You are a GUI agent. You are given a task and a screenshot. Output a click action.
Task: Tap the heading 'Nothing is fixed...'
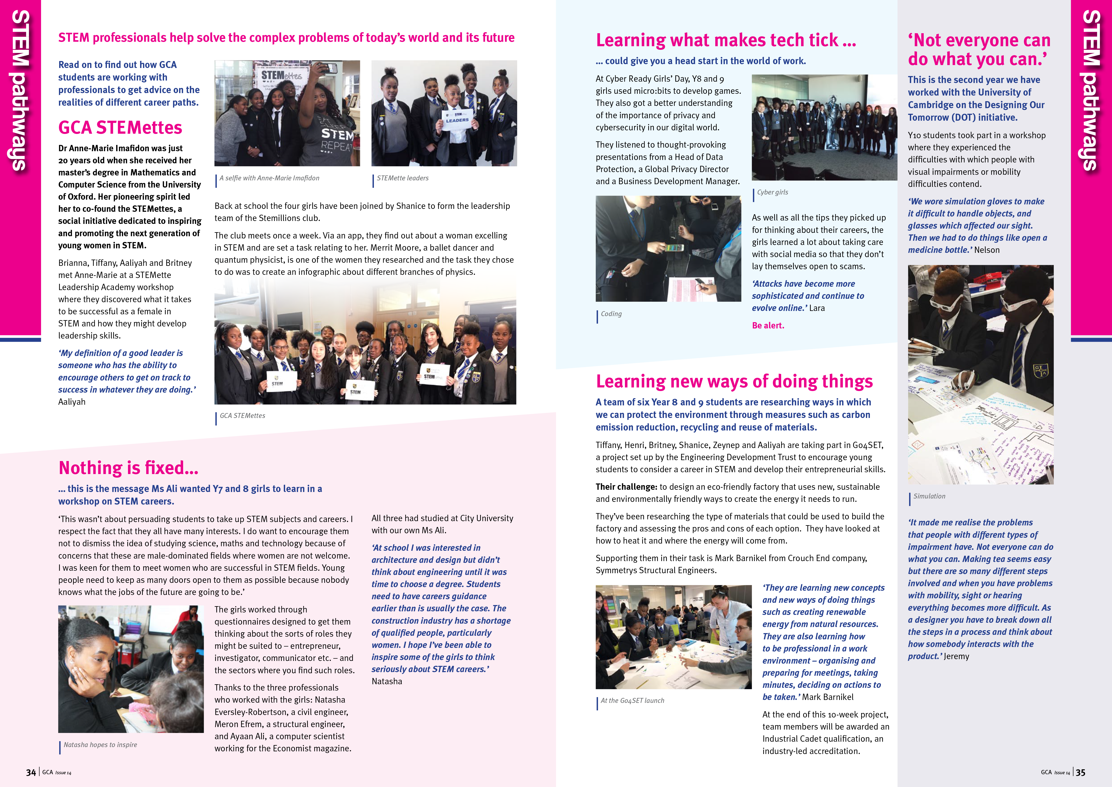click(128, 468)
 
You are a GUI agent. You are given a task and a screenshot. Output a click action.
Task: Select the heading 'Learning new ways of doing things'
click(734, 382)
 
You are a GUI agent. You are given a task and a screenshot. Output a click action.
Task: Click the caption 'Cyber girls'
click(772, 192)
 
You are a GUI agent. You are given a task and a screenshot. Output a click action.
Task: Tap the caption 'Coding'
click(611, 314)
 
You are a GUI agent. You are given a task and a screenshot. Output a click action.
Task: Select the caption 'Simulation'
click(929, 496)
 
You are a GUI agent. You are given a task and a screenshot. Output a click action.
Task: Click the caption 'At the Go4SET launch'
click(633, 701)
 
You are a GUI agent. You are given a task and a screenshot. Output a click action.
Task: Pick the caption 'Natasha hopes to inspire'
click(100, 745)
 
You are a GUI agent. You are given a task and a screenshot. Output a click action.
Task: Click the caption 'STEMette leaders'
click(403, 178)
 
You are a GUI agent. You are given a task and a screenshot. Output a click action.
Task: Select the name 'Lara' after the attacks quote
click(817, 308)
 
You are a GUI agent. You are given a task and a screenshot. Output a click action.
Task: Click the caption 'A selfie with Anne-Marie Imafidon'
click(269, 178)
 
